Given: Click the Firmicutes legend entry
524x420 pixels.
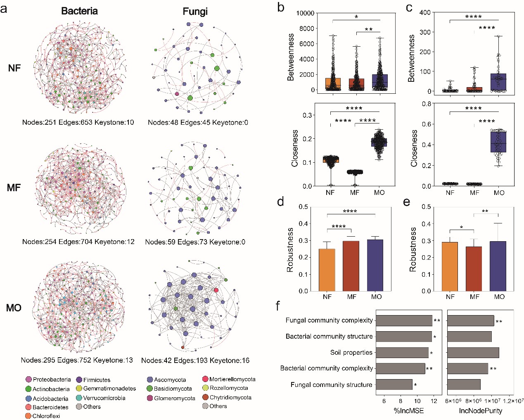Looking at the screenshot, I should [x=97, y=380].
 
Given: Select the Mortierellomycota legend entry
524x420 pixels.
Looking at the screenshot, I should [x=232, y=379].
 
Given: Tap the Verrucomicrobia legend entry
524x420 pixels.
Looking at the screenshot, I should [x=104, y=398].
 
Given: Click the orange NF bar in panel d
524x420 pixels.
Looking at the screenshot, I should [x=327, y=270].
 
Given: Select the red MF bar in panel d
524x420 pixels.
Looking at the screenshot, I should [x=351, y=266].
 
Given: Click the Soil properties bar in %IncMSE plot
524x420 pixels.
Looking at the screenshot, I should [x=402, y=353].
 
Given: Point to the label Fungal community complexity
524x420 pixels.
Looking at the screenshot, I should [x=329, y=320].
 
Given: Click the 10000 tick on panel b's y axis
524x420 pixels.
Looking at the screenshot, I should [x=306, y=13].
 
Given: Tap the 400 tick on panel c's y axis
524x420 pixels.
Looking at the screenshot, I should [x=425, y=12].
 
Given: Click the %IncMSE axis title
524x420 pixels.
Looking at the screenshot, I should [x=408, y=411].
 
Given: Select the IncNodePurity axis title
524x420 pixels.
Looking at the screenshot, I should [x=481, y=411].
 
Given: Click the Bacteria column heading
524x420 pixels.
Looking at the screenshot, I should [x=79, y=11].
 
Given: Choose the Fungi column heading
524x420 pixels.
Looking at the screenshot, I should [x=195, y=12].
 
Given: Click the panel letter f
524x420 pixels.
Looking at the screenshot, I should [x=278, y=306].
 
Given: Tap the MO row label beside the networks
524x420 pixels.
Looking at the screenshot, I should [x=14, y=308].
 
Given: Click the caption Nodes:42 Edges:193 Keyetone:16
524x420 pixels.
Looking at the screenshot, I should [x=195, y=361].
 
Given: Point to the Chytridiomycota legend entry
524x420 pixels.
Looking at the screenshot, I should [x=230, y=398].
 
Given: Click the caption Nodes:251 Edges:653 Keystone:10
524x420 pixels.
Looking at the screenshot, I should [x=78, y=122].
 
